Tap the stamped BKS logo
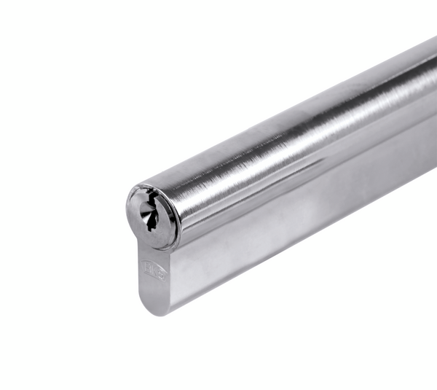pyautogui.click(x=154, y=272)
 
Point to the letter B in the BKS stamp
pyautogui.click(x=149, y=269)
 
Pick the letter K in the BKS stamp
pyautogui.click(x=154, y=272)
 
